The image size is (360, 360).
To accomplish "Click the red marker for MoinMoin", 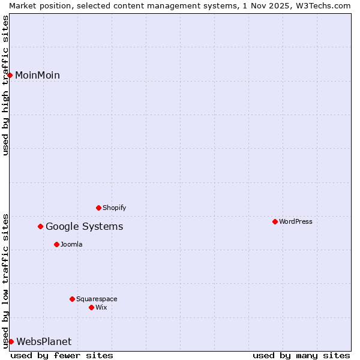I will [10, 75].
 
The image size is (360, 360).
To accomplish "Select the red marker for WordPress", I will [275, 221].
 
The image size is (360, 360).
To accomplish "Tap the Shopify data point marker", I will [98, 208].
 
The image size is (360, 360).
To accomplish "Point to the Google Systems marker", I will [41, 226].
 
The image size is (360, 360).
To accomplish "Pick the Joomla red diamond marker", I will [56, 244].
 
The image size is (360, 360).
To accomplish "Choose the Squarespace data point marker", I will [72, 299].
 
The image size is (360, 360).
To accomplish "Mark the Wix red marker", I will [91, 307].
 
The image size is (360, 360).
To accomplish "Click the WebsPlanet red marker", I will [11, 341].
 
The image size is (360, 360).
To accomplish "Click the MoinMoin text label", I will [37, 75].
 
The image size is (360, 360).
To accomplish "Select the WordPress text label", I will [296, 221].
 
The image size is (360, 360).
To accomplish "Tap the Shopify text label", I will [114, 208].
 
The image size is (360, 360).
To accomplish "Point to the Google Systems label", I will [84, 226].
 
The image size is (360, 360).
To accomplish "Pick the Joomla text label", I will [71, 244].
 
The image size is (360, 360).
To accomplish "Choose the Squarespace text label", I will [97, 299].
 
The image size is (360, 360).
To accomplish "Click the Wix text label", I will [101, 307].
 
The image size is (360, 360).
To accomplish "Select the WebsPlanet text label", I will [44, 341].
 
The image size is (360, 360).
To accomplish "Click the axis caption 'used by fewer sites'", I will [62, 355].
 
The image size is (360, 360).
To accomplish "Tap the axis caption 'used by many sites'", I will [301, 355].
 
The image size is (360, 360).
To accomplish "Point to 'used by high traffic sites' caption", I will [5, 85].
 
